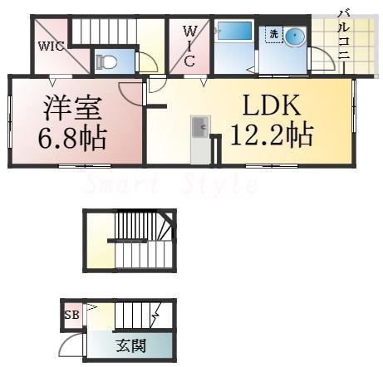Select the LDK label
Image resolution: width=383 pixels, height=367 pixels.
coord(272,105)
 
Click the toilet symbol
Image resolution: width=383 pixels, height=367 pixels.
coord(104,61)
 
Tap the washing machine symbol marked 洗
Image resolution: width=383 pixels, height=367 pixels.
coord(273,34)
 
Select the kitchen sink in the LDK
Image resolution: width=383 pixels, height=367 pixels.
coord(199,128)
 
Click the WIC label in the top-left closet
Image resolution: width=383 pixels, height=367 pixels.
coord(50,46)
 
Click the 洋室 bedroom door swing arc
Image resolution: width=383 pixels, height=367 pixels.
coord(130,91)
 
